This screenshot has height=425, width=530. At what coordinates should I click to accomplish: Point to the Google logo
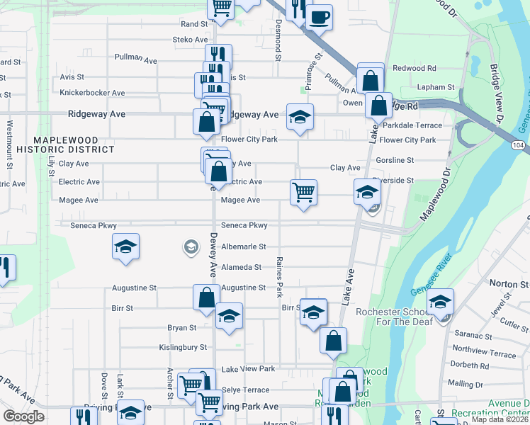24,416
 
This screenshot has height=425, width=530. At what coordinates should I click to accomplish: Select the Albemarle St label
243,246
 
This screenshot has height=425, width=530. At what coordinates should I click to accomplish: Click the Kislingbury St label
182,348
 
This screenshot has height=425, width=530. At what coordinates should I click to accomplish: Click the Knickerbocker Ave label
92,93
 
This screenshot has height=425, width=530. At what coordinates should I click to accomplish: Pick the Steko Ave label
190,40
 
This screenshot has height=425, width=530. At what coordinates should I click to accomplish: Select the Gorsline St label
395,161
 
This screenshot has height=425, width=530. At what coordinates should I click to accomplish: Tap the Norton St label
504,284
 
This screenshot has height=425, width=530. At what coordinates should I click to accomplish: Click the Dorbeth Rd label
468,365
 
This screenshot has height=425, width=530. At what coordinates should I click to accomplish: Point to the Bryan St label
181,328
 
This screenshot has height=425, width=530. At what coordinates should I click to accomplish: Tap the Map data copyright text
500,419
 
